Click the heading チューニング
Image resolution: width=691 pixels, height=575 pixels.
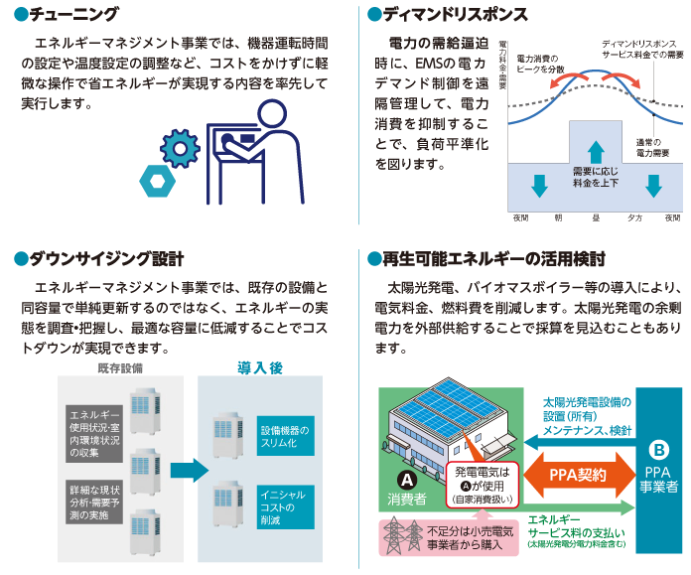click(74, 15)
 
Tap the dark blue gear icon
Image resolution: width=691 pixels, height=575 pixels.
click(179, 148)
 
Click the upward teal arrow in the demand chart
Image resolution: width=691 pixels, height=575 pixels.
click(594, 151)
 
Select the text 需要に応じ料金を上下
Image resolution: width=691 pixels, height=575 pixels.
click(594, 177)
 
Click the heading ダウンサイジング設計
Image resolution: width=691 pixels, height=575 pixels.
click(106, 259)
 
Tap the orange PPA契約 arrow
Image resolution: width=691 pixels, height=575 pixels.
click(578, 475)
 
